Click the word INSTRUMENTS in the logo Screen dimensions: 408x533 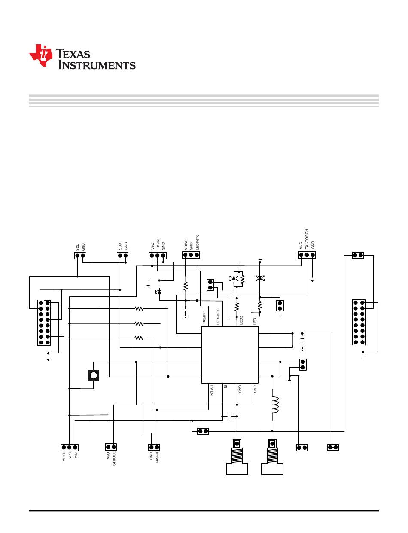coord(97,65)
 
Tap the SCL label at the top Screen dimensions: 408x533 coord(77,247)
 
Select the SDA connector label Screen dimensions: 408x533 coord(120,246)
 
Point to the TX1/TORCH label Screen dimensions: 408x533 coord(307,239)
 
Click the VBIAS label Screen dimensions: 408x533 coord(186,245)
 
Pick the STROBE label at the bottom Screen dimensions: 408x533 coord(114,458)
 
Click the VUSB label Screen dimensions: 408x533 coord(64,456)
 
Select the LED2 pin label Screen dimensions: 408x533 coord(241,320)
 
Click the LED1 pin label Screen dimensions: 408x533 coord(255,320)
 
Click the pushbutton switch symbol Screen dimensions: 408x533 coord(94,375)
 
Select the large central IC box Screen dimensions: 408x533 coord(229,355)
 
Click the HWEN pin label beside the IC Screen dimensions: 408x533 coord(212,390)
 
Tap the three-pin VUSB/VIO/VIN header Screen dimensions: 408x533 coord(70,447)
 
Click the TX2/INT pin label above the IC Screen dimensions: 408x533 coord(204,318)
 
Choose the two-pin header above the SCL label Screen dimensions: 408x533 coord(80,256)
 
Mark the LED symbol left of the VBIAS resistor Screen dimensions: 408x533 coord(158,292)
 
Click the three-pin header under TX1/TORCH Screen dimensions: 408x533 coord(307,255)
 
